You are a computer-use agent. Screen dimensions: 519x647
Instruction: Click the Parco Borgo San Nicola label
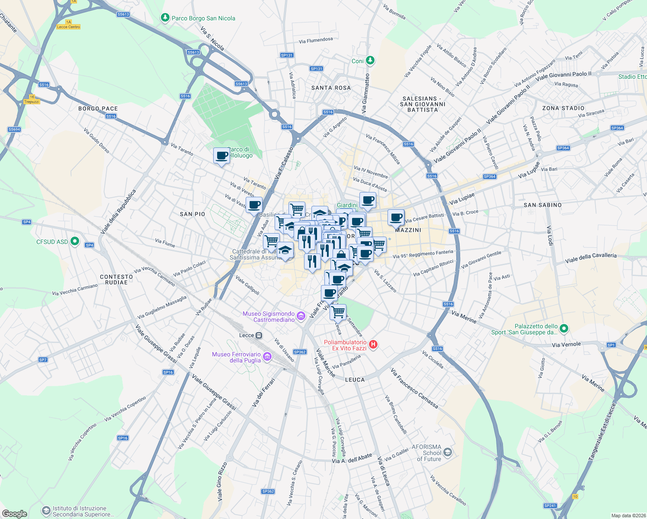point(203,18)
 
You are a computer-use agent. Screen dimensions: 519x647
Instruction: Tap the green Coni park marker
point(370,60)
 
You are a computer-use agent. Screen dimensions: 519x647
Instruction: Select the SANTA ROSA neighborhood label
point(331,88)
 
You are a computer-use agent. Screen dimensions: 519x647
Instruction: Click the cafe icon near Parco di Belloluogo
point(221,156)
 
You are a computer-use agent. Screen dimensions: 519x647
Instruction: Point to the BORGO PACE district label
point(98,109)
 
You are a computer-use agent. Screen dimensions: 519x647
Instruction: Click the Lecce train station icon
point(259,335)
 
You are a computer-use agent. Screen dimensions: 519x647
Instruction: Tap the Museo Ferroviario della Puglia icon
point(267,356)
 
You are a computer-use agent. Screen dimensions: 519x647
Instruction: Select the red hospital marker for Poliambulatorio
point(374,345)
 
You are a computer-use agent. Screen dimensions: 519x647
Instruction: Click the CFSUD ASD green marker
point(75,241)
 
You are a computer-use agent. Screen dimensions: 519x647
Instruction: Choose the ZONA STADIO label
point(563,108)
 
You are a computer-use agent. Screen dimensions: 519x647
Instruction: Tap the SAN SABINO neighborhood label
point(542,205)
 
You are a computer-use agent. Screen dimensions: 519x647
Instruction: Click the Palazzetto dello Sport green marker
point(564,329)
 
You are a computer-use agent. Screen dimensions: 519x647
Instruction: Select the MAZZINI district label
point(408,230)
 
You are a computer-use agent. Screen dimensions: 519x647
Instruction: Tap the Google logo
point(15,514)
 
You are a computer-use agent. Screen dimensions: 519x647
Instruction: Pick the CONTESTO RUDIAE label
point(116,279)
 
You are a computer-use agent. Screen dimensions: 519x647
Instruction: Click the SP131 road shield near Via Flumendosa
point(287,55)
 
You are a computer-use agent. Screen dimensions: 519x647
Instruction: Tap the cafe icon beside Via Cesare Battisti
point(396,217)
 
